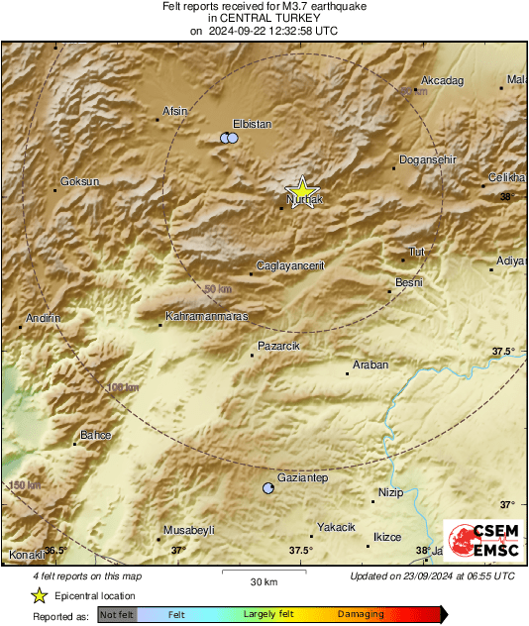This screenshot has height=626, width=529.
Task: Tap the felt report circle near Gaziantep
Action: pos(267,488)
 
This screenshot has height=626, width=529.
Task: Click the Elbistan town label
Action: pos(251,124)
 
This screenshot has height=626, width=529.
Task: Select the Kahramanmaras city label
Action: pos(206,316)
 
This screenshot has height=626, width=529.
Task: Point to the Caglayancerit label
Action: pos(291,264)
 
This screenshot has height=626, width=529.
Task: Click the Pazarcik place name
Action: pos(278,345)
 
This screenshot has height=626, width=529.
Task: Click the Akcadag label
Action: pos(442,80)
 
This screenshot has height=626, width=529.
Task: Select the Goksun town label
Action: pos(80,181)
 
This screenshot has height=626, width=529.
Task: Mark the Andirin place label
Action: pos(45,318)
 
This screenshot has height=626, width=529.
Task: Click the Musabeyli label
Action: pos(188,531)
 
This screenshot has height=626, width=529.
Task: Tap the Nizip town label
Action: pos(393,492)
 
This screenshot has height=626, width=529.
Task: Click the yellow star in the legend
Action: pos(40,595)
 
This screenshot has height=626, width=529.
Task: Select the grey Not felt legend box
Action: pos(117,614)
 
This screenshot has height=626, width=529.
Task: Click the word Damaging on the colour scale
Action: pos(361,614)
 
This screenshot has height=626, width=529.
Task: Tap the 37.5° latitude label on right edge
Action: pos(503,351)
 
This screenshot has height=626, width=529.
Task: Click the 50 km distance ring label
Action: pos(217,288)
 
